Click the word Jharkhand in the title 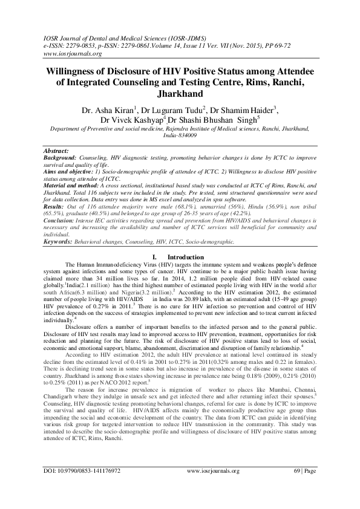click(x=180, y=95)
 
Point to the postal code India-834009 click(x=180, y=136)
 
